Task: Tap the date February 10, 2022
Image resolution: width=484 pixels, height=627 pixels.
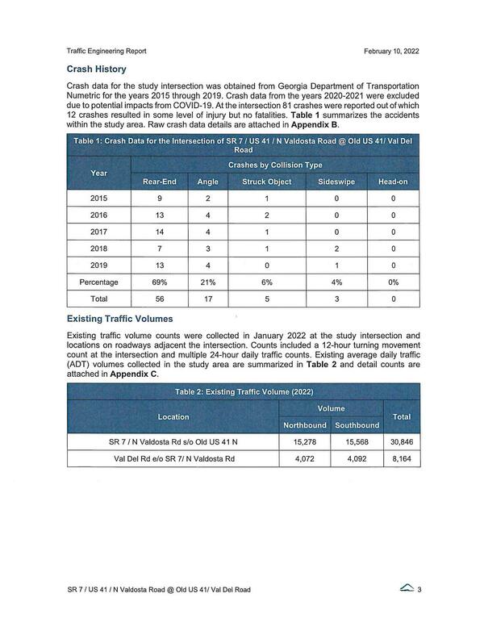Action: tap(391, 52)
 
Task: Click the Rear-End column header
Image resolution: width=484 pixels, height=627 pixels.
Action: tap(160, 182)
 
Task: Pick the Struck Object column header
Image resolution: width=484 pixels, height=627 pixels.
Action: tap(266, 182)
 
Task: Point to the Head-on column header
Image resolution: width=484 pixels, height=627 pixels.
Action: tap(393, 182)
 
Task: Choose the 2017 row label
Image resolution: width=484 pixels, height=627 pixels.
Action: tap(100, 232)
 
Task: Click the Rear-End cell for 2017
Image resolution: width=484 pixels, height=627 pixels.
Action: tap(160, 232)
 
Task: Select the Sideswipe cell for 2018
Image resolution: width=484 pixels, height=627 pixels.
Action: tap(336, 249)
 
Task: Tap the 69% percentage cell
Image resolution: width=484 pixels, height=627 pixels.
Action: tap(160, 282)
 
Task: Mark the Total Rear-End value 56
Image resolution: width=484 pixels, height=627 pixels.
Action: tap(160, 299)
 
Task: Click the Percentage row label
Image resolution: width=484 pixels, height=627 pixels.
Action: tap(100, 282)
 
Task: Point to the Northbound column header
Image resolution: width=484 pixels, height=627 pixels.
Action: tap(304, 425)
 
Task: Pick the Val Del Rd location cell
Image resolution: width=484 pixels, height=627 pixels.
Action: tap(173, 458)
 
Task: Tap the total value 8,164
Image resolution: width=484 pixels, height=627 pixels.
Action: tap(401, 458)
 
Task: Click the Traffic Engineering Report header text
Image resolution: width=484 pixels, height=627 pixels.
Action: tap(112, 52)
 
